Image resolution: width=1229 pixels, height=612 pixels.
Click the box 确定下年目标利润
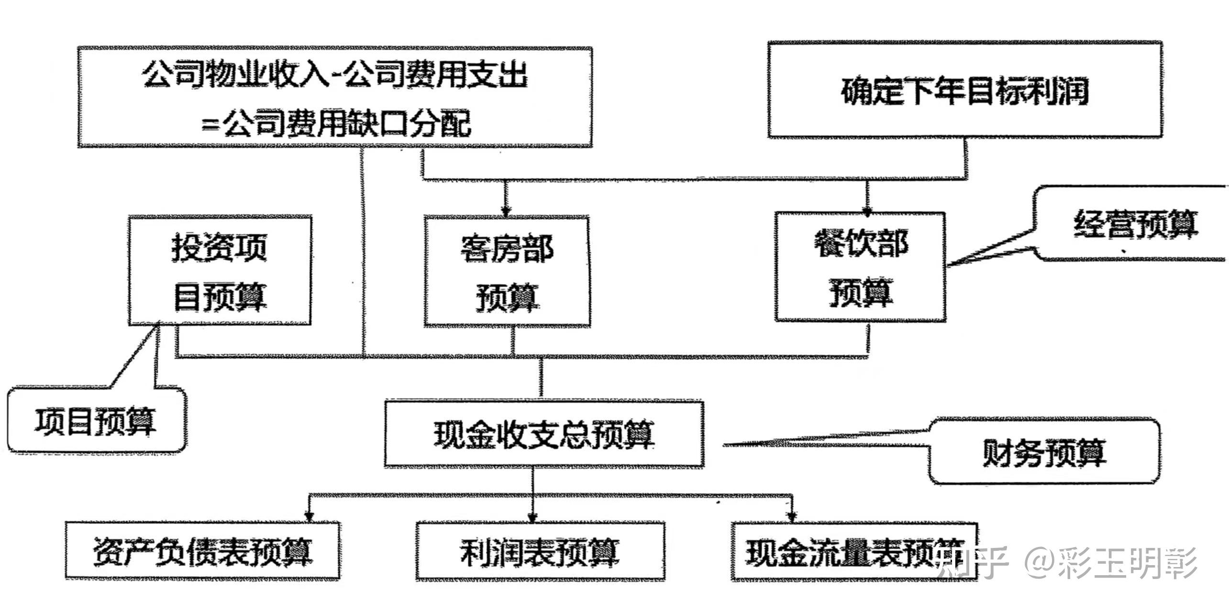click(x=964, y=90)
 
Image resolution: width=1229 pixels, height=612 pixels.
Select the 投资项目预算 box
click(x=220, y=271)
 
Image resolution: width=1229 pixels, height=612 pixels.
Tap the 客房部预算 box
click(x=507, y=272)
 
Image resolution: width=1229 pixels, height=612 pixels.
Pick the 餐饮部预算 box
click(x=860, y=267)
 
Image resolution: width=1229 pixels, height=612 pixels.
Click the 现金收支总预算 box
click(x=544, y=434)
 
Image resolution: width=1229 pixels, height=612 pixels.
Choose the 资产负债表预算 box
click(x=202, y=551)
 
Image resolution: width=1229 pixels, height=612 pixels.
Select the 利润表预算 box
click(x=540, y=551)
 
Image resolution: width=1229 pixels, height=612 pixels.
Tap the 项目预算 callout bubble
click(x=96, y=421)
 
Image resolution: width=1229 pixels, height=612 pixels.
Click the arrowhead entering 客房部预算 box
click(x=506, y=210)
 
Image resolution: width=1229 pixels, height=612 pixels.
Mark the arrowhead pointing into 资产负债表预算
click(x=309, y=517)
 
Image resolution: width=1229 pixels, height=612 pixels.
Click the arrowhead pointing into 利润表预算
click(x=532, y=517)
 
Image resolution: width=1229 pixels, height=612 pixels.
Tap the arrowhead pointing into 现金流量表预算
click(x=791, y=516)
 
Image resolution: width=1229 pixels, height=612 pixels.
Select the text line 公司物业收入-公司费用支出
click(x=335, y=75)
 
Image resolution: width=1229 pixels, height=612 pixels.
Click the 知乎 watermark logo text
click(x=971, y=562)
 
